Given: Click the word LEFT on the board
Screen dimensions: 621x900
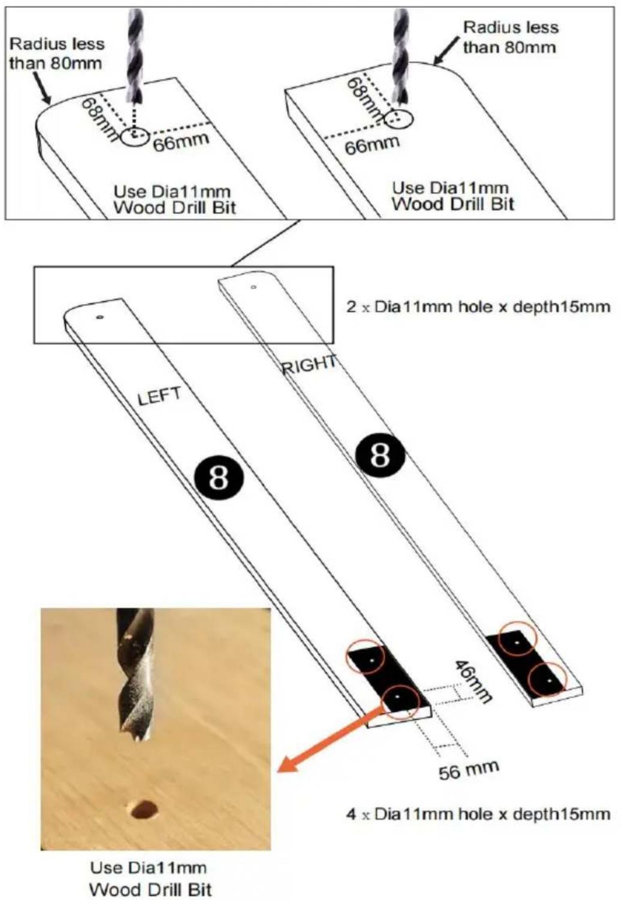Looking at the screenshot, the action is point(159,396).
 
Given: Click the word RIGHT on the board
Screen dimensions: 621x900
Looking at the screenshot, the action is point(308,364).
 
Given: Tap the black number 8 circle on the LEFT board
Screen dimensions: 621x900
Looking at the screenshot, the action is point(219,477).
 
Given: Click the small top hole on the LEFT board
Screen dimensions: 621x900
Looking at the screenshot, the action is point(100,317).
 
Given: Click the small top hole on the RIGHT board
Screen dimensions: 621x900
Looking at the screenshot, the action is point(253,287).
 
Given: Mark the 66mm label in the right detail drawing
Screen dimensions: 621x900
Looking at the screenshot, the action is point(372,144).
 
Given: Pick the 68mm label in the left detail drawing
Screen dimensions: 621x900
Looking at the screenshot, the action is point(101,119).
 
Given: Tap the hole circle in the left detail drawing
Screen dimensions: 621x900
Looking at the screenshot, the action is point(135,137).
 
